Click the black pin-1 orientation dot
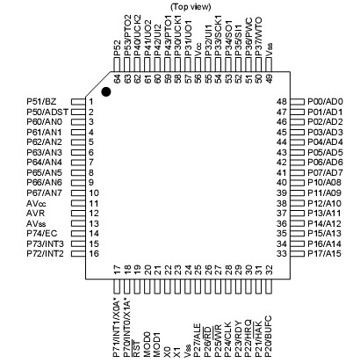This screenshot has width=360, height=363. tap(107, 91)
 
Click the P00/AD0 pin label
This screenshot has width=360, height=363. tap(328, 101)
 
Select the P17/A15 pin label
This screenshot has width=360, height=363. tap(327, 253)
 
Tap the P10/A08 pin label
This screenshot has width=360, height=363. tap(327, 182)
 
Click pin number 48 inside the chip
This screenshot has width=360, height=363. tap(281, 101)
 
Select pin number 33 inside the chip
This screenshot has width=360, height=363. tap(281, 253)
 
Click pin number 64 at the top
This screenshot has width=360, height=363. tap(117, 76)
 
